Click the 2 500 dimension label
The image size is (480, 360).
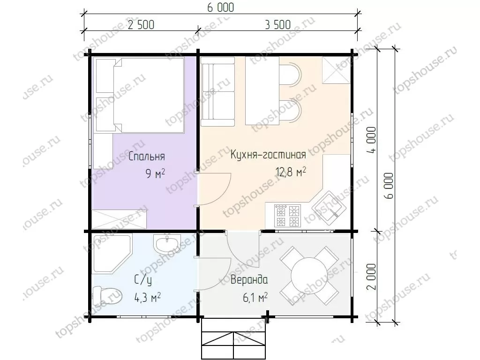141,25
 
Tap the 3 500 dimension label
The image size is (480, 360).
277,25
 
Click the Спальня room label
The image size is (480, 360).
147,157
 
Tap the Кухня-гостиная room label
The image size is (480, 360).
268,154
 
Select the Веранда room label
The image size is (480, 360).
249,280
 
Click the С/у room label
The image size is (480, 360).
142,280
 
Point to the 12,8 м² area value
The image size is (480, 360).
291,172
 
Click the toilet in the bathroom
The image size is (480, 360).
107,296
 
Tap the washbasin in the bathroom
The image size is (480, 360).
167,244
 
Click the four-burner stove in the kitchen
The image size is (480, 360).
287,216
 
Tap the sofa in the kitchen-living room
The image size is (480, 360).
217,91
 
